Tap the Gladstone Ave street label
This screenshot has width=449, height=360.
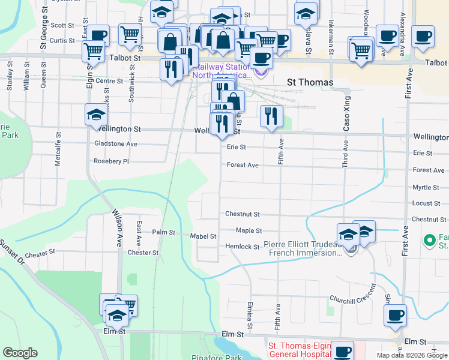tap(116, 144)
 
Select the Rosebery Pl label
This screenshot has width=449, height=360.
tap(112, 161)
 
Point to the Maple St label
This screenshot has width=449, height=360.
tap(249, 230)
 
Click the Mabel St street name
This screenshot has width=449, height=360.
tap(203, 236)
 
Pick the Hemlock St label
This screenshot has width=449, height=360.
tap(242, 247)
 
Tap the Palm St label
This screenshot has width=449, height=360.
tap(163, 232)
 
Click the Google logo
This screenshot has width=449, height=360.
tap(20, 353)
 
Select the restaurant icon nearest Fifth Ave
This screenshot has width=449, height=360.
tap(272, 115)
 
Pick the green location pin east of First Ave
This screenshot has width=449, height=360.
tap(429, 241)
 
